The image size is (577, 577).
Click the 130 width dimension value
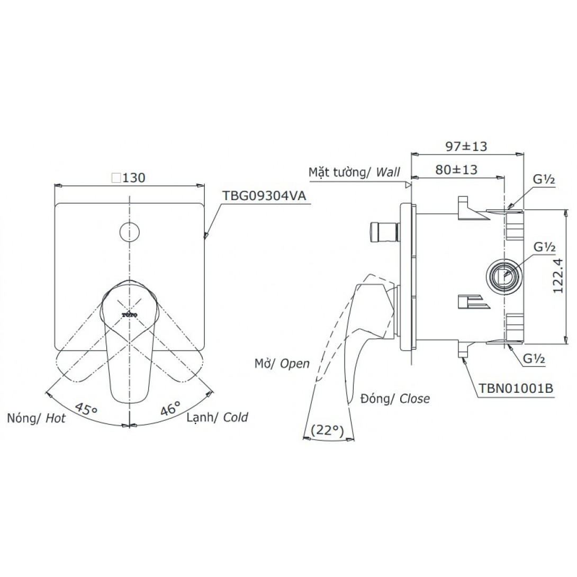(134, 178)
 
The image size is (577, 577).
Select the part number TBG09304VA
(264, 195)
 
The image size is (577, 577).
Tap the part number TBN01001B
(516, 388)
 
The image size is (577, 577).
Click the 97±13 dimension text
(466, 146)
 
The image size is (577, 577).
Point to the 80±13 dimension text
(456, 169)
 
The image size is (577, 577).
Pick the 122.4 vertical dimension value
(558, 275)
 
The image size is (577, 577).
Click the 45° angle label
(86, 408)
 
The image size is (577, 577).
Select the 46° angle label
(171, 408)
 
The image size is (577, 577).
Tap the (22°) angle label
(327, 430)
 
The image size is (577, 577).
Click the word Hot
(56, 418)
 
